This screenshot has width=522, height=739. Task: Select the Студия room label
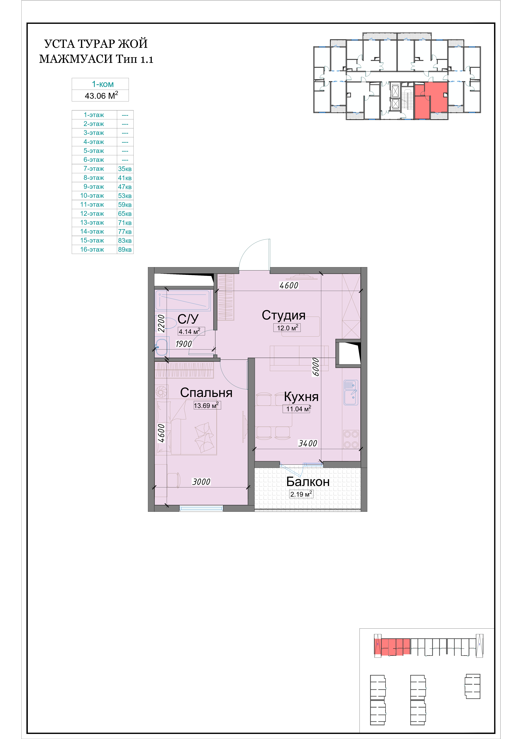pos(283,315)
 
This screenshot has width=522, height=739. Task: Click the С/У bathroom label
pos(188,319)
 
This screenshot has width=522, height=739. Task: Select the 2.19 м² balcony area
pos(301,494)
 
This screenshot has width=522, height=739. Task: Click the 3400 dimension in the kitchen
pos(307,444)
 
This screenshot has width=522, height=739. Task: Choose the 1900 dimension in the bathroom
pos(184,344)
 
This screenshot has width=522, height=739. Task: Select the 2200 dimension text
pos(161,323)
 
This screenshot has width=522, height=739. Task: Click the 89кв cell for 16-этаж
pos(125,249)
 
